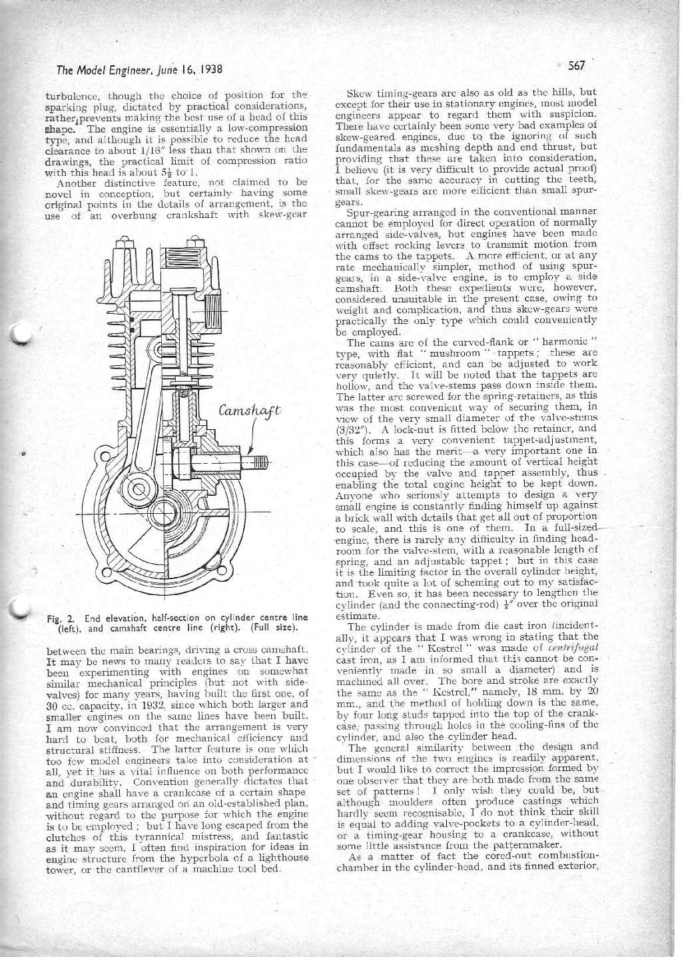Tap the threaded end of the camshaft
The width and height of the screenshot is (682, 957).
(260, 463)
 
